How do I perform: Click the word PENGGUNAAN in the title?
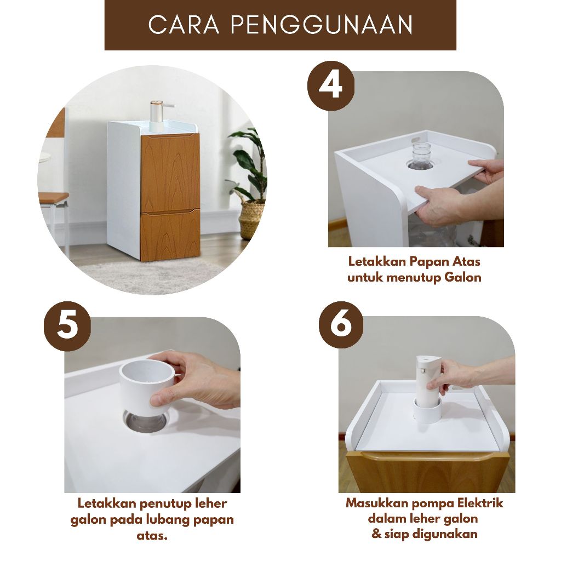click(321, 25)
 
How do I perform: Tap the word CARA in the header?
click(184, 25)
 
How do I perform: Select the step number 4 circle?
click(330, 85)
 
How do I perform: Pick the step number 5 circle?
click(67, 327)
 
